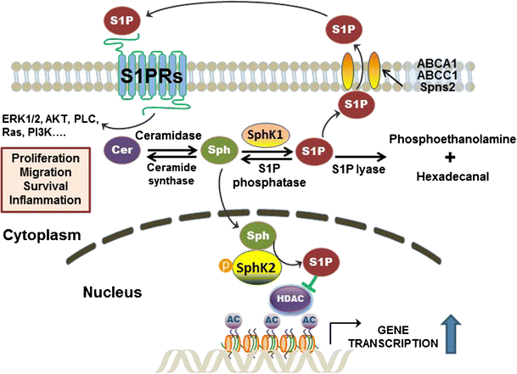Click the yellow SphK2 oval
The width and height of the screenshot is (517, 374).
(264, 267)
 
